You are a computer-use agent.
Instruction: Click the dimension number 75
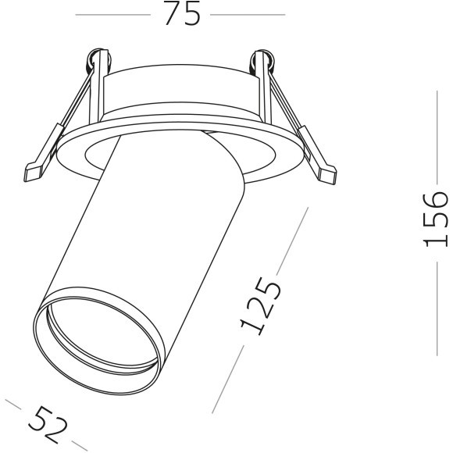pyautogui.click(x=182, y=13)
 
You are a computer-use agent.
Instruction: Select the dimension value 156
pyautogui.click(x=437, y=218)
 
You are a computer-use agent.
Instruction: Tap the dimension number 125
pyautogui.click(x=261, y=305)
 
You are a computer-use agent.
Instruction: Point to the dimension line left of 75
pyautogui.click(x=114, y=14)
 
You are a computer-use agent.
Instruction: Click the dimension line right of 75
pyautogui.click(x=248, y=14)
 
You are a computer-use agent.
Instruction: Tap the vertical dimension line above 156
pyautogui.click(x=437, y=137)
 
